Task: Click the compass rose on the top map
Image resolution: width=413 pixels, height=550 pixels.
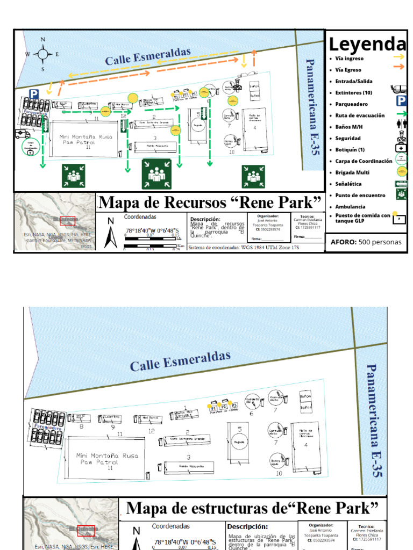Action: tap(42, 54)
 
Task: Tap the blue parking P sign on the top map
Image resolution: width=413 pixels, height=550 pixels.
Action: tap(34, 94)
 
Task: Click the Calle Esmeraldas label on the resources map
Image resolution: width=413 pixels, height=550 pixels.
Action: tap(148, 56)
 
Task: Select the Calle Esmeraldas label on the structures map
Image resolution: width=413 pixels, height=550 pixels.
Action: tap(180, 361)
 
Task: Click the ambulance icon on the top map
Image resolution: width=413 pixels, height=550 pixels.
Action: tap(23, 134)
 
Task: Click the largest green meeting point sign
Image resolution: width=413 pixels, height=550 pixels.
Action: tap(156, 174)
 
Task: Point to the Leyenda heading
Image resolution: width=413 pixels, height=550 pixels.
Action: tap(367, 45)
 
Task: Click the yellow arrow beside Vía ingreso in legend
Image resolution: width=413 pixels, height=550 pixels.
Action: tap(398, 56)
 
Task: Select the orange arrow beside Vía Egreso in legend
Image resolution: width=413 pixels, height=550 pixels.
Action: tap(398, 67)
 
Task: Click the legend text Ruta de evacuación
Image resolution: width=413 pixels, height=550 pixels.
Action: tap(360, 115)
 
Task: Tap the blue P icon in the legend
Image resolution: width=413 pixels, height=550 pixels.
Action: tap(401, 100)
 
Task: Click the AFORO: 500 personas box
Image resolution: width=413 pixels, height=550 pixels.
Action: tap(366, 242)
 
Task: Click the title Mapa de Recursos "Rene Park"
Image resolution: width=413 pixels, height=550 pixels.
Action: tap(210, 202)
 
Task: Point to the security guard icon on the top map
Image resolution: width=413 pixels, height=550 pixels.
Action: tap(237, 85)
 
